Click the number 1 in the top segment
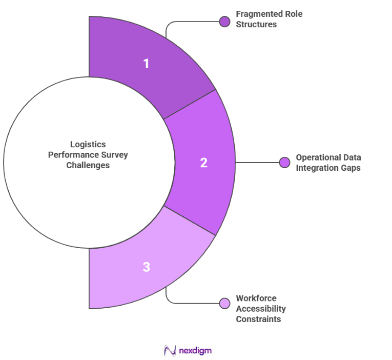tap(146, 64)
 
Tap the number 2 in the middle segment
tap(203, 163)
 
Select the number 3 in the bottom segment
tap(146, 267)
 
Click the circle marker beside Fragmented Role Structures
tap(224, 22)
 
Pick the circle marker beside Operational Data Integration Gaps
tap(285, 163)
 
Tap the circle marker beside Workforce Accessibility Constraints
tap(224, 303)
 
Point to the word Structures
tap(255, 25)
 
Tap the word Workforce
tap(256, 298)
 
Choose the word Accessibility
tap(261, 309)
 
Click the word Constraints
tap(258, 319)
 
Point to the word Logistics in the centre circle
tap(88, 145)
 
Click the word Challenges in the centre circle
tap(88, 165)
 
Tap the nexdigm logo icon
tap(170, 351)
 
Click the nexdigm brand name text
tap(195, 351)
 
